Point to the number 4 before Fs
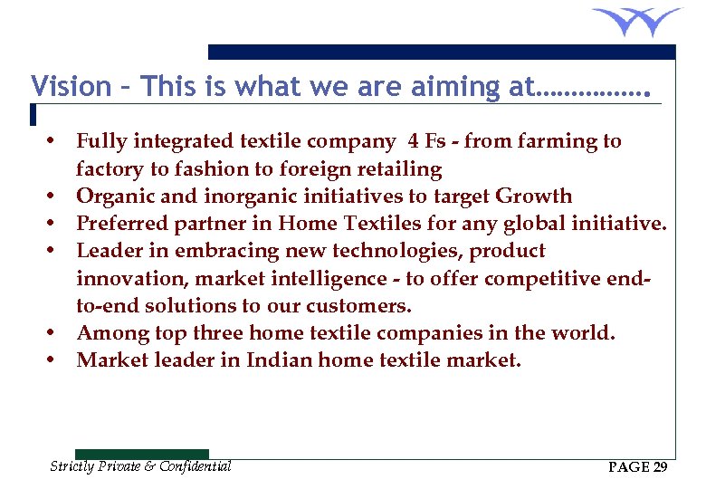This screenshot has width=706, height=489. tap(414, 141)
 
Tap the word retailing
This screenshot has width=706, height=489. tap(397, 169)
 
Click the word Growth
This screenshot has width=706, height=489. tap(535, 197)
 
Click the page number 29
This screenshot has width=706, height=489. tap(660, 467)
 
